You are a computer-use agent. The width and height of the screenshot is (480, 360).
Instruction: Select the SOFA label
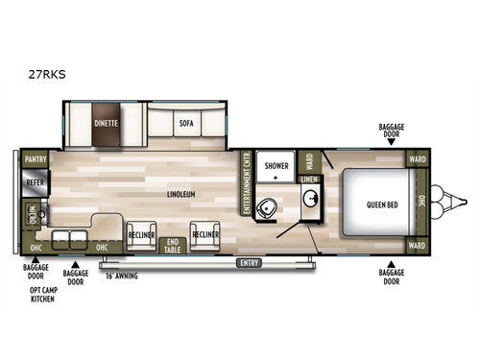187,123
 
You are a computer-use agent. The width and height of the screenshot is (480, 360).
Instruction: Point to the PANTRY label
36,159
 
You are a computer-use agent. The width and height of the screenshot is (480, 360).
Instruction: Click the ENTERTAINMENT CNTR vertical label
247,182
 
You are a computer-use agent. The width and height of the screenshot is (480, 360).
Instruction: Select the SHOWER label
277,166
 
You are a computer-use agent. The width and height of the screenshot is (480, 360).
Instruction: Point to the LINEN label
310,180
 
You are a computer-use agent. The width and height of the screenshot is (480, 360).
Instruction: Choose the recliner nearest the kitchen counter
140,235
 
